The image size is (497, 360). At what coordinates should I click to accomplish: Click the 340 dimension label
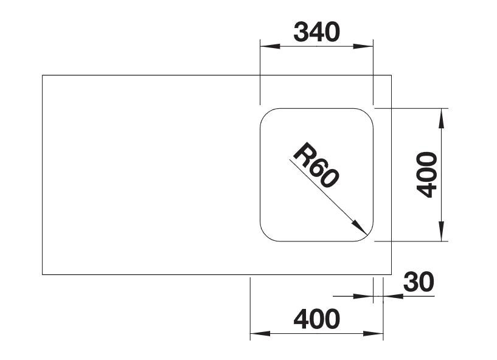(317, 32)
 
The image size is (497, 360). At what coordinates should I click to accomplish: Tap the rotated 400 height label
(426, 175)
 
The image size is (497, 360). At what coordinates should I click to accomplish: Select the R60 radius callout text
(316, 165)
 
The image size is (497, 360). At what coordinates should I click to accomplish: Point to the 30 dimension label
(419, 282)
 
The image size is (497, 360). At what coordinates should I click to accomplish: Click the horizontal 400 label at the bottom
(317, 319)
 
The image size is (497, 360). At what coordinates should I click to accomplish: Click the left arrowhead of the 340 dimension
(269, 46)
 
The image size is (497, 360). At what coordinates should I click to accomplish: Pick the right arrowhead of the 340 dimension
(363, 46)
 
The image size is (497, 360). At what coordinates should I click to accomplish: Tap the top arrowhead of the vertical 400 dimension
(441, 118)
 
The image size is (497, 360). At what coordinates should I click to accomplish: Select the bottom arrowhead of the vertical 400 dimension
(441, 231)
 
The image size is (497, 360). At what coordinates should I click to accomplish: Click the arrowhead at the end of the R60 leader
(360, 227)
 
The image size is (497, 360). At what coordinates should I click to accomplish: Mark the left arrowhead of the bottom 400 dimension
(260, 333)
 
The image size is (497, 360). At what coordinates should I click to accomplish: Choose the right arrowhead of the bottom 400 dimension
(374, 333)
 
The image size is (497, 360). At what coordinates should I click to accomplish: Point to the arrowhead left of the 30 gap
(363, 296)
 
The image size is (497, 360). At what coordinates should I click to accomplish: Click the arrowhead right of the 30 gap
(393, 296)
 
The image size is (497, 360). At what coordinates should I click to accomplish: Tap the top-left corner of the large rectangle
(43, 75)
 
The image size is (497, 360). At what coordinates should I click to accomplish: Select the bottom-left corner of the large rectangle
(43, 274)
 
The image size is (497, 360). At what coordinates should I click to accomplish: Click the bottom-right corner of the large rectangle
(391, 274)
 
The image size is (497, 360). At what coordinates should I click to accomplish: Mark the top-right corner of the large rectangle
(391, 75)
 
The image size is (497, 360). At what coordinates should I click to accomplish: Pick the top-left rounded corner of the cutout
(266, 114)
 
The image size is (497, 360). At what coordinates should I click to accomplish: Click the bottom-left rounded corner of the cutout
(266, 236)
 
